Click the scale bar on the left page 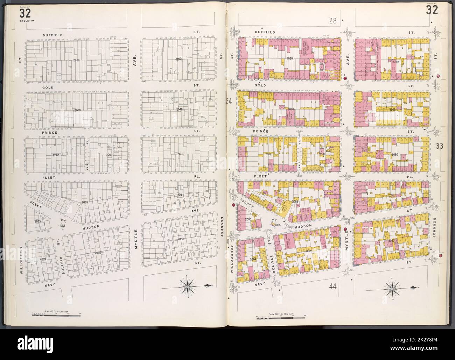click(56, 315)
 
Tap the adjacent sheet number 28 click(332, 21)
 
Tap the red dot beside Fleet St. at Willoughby click(233, 205)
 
